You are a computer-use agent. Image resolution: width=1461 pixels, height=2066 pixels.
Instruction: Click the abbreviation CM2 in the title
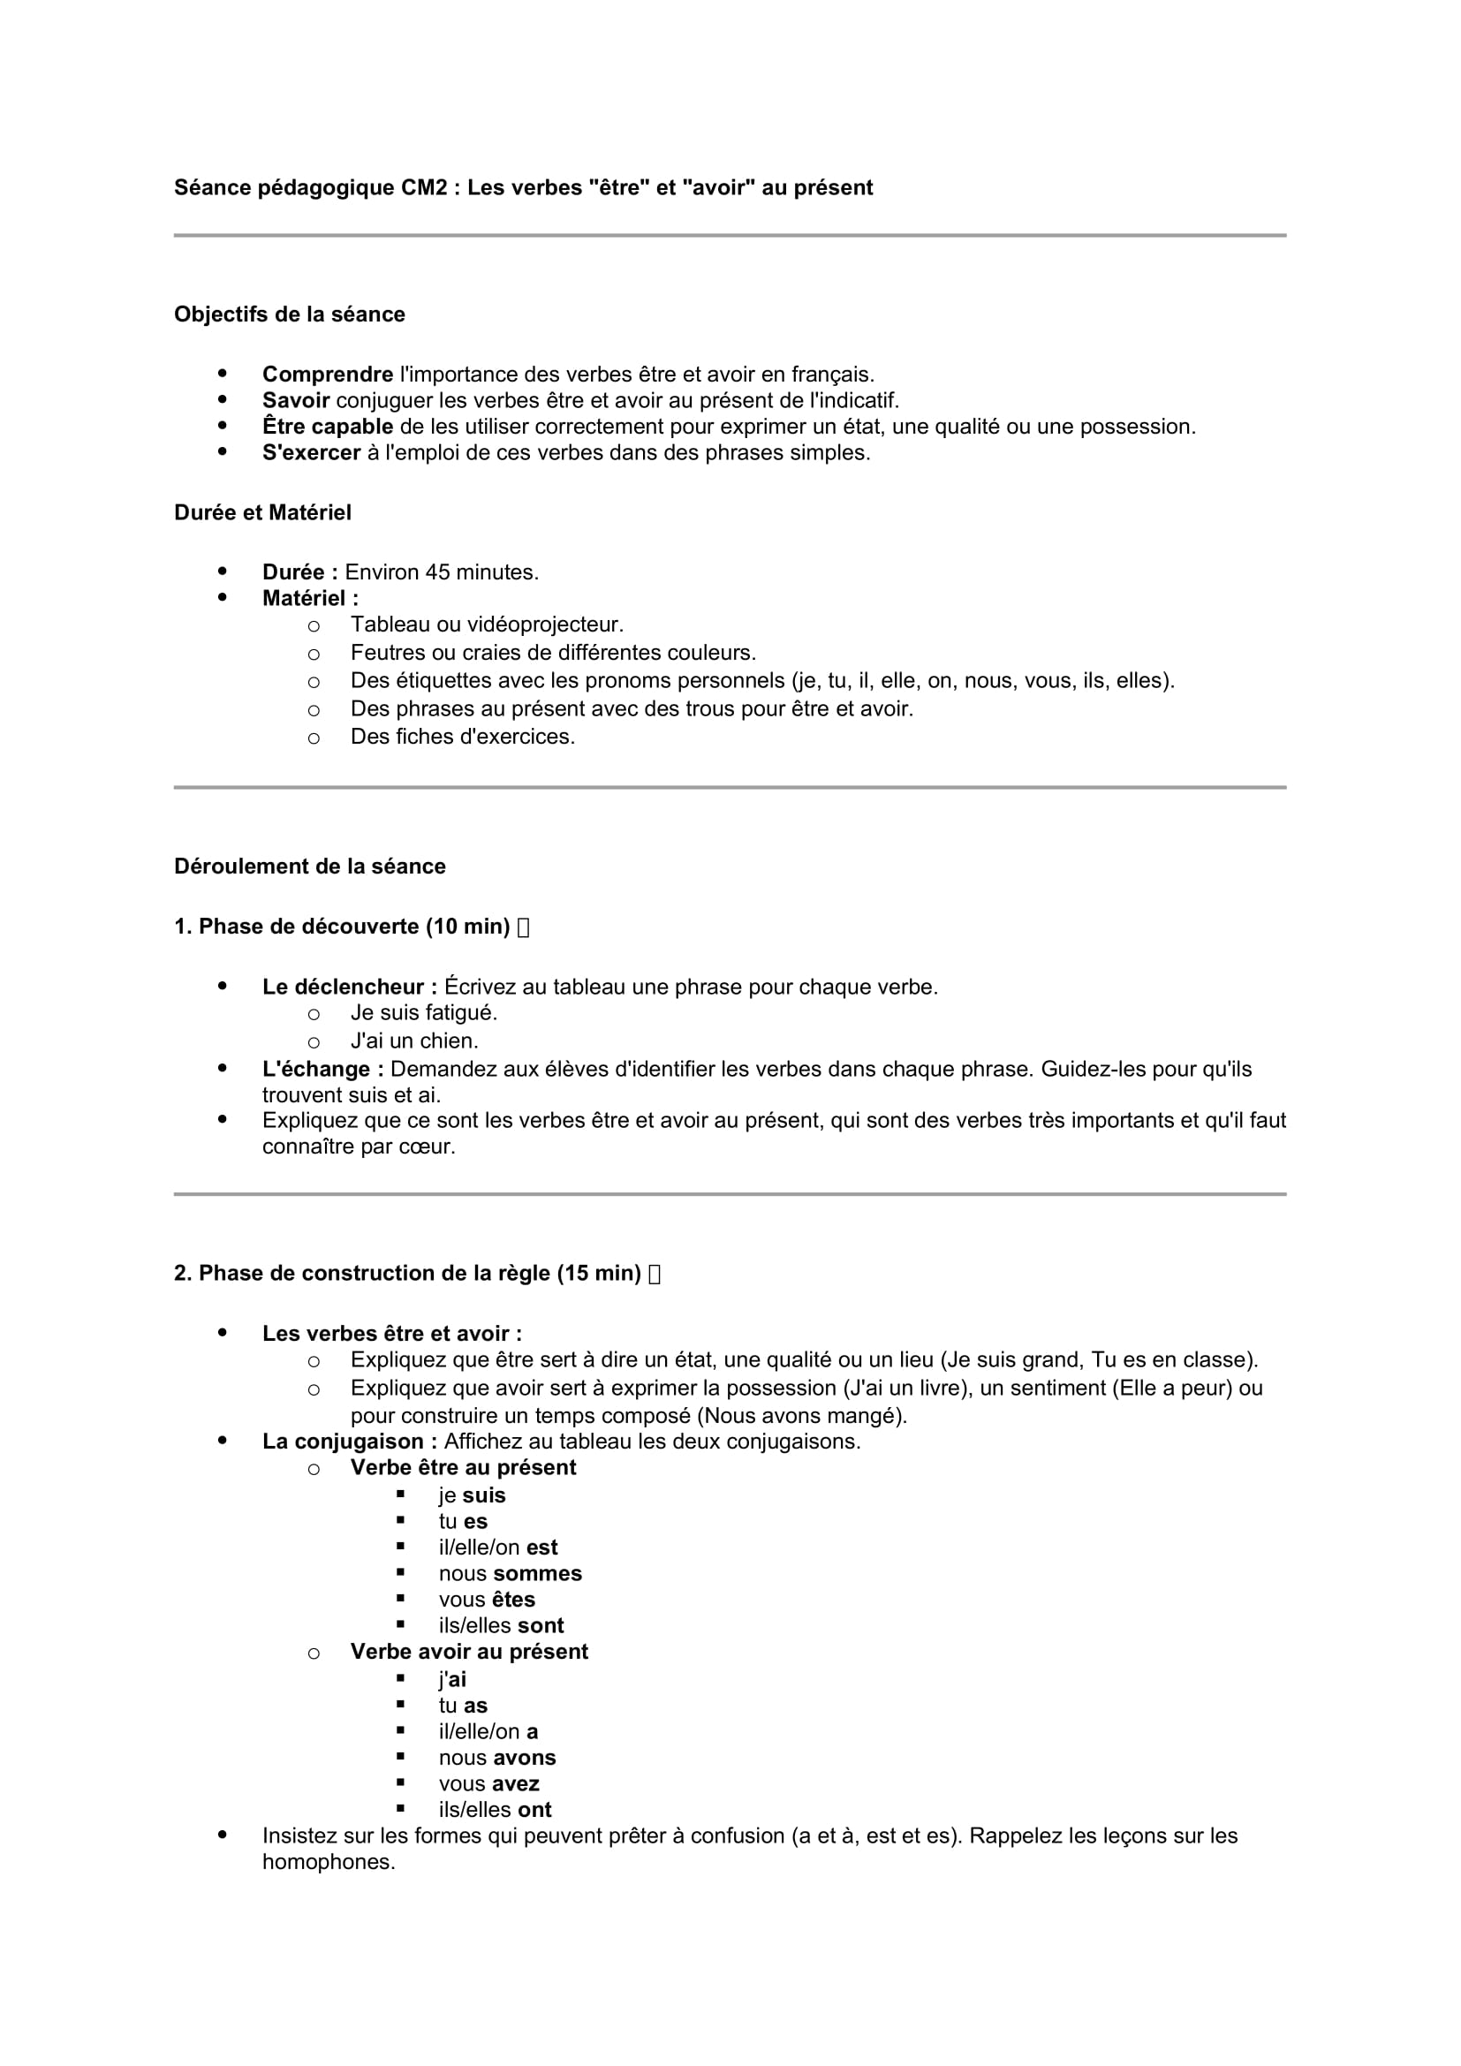(x=424, y=187)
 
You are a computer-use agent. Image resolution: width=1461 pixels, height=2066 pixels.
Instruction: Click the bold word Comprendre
(x=328, y=374)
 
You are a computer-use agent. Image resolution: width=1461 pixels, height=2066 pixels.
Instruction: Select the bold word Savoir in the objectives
(x=296, y=399)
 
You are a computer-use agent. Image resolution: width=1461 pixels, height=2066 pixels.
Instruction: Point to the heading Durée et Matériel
(x=262, y=512)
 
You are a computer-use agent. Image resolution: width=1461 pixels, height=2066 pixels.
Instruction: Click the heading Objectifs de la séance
(x=290, y=314)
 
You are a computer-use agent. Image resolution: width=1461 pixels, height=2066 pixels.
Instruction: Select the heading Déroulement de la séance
(x=310, y=866)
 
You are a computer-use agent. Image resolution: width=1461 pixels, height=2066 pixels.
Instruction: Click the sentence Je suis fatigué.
(x=424, y=1013)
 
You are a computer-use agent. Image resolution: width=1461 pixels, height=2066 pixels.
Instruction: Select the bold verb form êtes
(x=513, y=1600)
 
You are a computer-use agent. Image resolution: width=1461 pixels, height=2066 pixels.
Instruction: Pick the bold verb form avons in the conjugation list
(x=525, y=1758)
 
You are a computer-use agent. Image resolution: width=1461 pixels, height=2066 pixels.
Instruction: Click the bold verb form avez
(x=516, y=1783)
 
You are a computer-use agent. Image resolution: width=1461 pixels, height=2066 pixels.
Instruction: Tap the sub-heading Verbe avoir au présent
(x=469, y=1652)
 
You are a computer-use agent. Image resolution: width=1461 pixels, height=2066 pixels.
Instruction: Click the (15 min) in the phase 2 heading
(x=598, y=1274)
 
